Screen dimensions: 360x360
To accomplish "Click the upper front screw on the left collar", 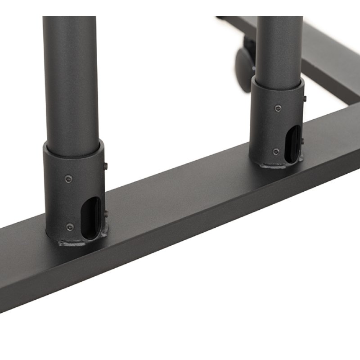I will click(x=67, y=179).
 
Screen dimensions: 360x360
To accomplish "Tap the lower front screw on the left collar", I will click(x=68, y=227).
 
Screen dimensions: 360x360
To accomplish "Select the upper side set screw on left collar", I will click(x=105, y=166).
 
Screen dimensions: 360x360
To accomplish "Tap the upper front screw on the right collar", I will click(x=277, y=108).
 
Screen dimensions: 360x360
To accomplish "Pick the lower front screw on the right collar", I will click(x=276, y=151).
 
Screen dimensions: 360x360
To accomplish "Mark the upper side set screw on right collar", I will click(x=305, y=99).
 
